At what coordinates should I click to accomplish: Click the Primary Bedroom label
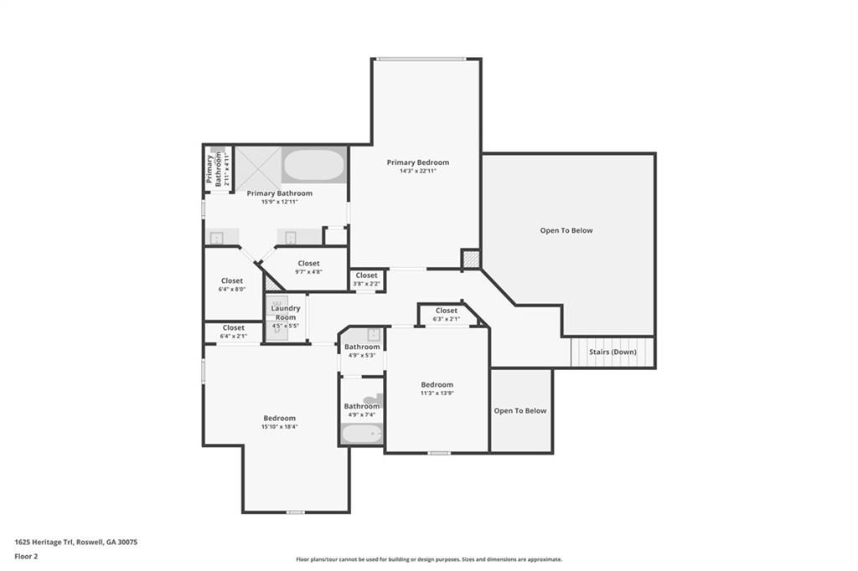tap(417, 162)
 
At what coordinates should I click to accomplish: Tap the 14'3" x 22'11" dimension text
tap(417, 171)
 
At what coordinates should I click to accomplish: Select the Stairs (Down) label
tap(612, 352)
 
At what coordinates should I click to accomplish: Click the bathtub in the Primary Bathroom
tap(314, 166)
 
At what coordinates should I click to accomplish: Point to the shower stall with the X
tap(258, 168)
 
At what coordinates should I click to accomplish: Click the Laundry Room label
tap(286, 313)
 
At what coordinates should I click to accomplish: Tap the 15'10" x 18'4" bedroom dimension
tap(280, 427)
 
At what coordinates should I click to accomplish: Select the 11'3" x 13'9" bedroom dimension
tap(437, 394)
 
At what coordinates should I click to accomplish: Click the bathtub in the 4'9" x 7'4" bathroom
tap(362, 435)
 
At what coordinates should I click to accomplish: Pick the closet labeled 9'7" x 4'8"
tap(308, 267)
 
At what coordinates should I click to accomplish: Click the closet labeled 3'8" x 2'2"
tap(367, 280)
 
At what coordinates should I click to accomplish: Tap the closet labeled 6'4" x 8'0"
tap(232, 285)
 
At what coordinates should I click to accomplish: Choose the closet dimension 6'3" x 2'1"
tap(447, 320)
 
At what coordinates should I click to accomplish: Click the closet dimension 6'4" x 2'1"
tap(234, 337)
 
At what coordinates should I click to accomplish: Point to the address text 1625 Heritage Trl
tap(45, 543)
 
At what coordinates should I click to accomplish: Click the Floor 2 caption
tap(26, 557)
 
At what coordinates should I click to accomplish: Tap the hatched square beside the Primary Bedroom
tap(471, 260)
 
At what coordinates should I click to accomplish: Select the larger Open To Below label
tap(566, 231)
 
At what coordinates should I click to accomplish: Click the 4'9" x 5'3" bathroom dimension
tap(362, 356)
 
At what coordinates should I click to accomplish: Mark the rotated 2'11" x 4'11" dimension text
tap(226, 169)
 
